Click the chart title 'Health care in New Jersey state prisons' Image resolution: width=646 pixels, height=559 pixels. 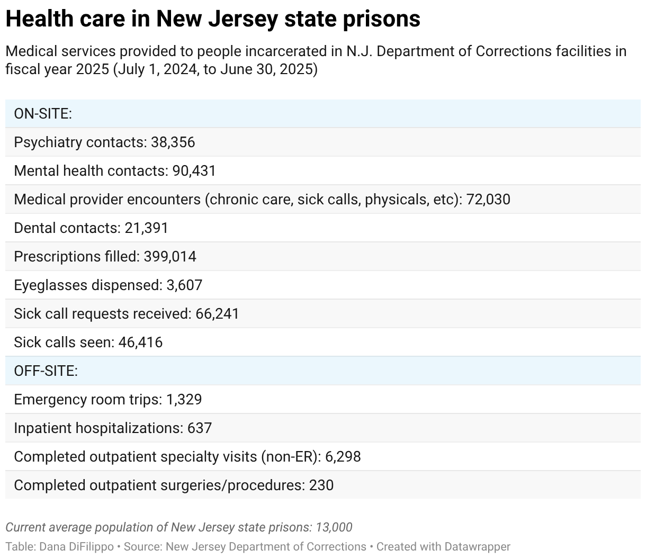pos(213,20)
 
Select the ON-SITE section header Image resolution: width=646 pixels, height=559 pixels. pos(43,114)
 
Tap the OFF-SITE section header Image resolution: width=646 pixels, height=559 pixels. pos(46,371)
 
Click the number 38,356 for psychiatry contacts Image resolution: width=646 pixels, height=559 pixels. pos(173,142)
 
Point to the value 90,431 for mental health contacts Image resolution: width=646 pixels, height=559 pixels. pos(194,171)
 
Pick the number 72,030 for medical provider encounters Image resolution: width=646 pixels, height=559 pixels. pos(488,200)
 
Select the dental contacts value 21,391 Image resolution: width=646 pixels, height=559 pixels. pos(146,228)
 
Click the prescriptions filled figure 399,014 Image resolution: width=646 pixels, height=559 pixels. pos(169,257)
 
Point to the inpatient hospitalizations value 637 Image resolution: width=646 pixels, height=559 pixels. pos(200,428)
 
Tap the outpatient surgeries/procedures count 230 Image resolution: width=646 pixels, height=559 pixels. pos(321,485)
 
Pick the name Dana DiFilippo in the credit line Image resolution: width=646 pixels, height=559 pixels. pos(76,547)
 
